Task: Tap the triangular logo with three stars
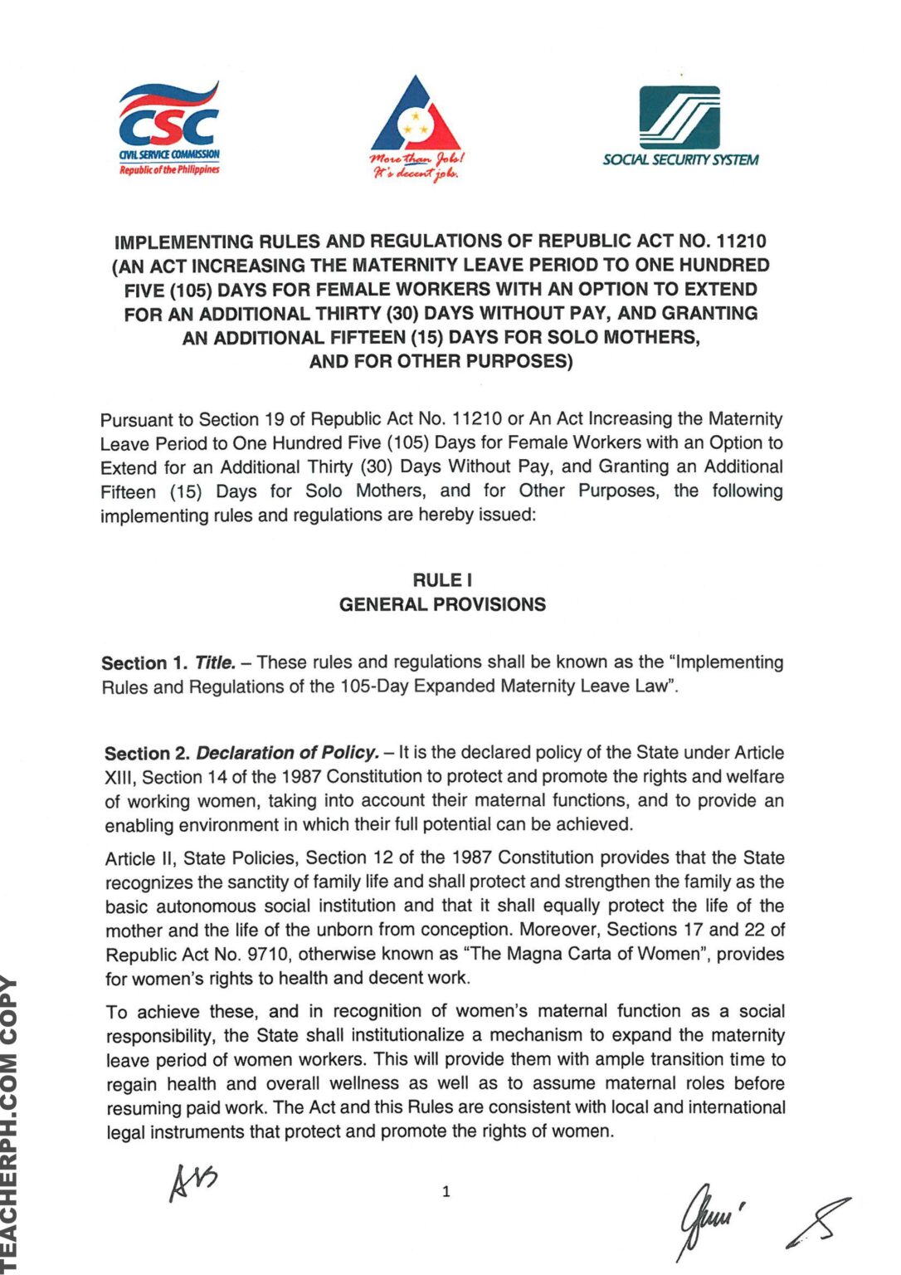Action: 415,116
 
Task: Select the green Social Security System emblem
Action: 679,118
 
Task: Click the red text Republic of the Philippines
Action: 169,169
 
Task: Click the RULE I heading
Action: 442,580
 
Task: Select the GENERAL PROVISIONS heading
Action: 442,604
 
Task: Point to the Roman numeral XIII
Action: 120,778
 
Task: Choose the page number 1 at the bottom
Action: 446,1192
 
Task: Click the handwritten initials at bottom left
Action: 192,1181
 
